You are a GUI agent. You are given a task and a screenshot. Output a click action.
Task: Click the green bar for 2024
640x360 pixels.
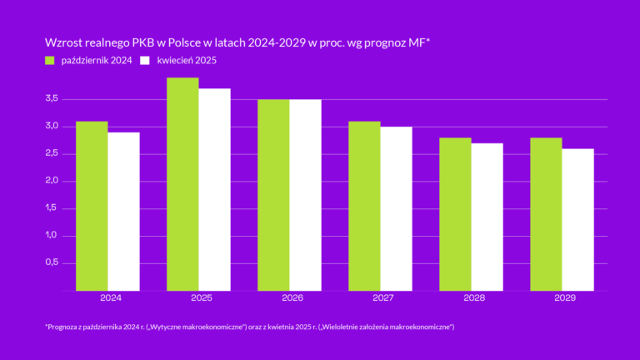point(92,206)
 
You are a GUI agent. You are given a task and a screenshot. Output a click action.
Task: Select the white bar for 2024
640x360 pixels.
point(123,212)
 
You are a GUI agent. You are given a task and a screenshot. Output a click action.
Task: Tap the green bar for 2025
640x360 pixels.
point(182,184)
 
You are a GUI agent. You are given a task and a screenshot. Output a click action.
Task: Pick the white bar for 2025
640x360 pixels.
point(214,190)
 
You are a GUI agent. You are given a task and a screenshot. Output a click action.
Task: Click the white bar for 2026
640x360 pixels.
point(305,195)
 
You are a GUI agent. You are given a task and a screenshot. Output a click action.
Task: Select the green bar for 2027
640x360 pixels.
point(364,206)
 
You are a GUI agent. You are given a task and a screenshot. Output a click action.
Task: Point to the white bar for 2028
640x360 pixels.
point(487,217)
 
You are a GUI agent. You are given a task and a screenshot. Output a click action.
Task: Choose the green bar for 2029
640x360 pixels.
point(546,214)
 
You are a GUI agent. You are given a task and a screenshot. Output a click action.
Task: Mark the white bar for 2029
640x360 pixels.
point(577,220)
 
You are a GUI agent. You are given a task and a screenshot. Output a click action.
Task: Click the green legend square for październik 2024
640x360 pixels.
point(50,61)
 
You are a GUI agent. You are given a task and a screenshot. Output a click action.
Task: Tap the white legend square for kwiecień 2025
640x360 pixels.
point(146,61)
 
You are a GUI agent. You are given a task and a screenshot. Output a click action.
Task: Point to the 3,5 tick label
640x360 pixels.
point(52,99)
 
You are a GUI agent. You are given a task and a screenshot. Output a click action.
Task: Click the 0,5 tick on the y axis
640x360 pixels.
point(52,262)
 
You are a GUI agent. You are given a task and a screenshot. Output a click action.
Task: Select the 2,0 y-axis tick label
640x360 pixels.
point(52,181)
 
